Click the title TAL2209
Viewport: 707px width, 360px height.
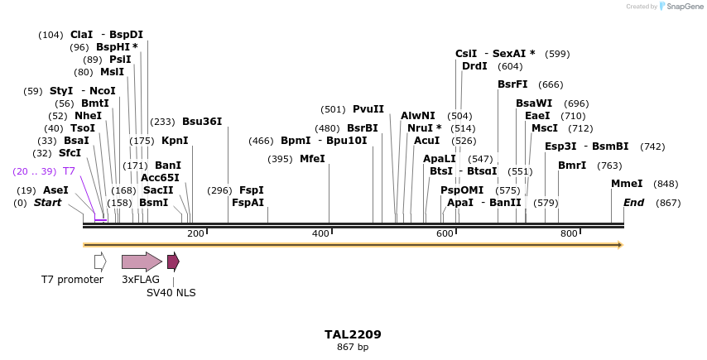[353, 334]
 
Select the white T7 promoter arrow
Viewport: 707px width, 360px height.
[100, 262]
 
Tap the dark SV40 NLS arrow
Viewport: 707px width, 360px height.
[173, 262]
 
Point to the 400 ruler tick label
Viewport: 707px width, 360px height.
[320, 234]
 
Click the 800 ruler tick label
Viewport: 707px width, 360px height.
[569, 234]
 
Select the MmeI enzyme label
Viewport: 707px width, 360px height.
[625, 184]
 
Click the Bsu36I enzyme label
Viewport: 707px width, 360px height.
[202, 121]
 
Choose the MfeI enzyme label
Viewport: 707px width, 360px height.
[312, 159]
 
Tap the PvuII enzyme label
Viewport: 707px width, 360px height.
[368, 109]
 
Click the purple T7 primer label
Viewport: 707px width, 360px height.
[69, 171]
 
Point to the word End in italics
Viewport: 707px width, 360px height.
[633, 203]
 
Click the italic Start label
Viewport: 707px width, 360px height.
[47, 203]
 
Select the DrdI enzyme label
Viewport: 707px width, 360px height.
[474, 66]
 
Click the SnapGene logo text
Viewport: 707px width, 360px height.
[681, 7]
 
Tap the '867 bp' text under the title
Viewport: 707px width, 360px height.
[353, 347]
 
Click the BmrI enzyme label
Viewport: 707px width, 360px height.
[572, 166]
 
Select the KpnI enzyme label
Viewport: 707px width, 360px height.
[175, 141]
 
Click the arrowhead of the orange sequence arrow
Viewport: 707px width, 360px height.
[618, 245]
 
